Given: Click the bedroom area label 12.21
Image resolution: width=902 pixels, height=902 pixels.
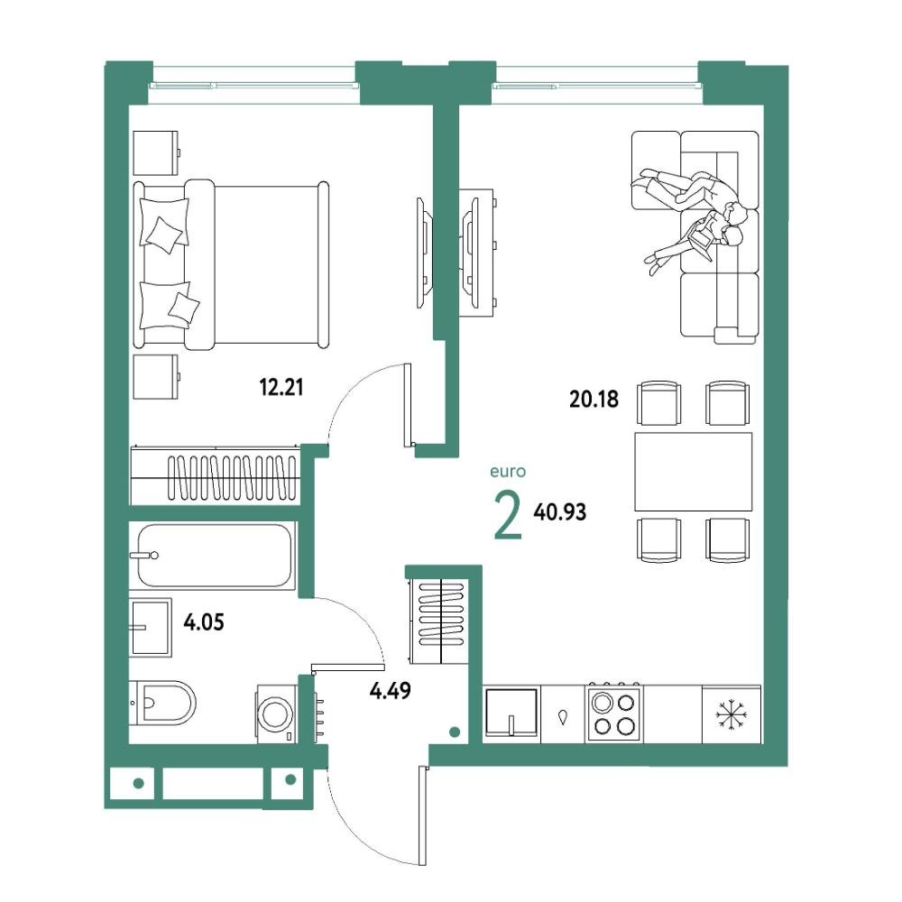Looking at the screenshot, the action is pyautogui.click(x=281, y=387).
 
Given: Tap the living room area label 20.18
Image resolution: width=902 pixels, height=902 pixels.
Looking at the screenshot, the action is pyautogui.click(x=594, y=399).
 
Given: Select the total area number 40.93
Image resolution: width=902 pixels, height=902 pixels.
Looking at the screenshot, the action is pyautogui.click(x=560, y=511).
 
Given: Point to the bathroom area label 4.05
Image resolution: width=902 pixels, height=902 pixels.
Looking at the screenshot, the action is pyautogui.click(x=203, y=621).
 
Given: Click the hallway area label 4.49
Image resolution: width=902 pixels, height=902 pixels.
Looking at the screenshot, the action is pyautogui.click(x=390, y=690).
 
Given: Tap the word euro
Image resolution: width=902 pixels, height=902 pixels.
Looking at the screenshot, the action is pyautogui.click(x=508, y=472).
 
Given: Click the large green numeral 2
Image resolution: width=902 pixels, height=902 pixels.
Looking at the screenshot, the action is pyautogui.click(x=508, y=517).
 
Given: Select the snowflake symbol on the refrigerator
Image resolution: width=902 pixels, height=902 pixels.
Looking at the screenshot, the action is pyautogui.click(x=730, y=713).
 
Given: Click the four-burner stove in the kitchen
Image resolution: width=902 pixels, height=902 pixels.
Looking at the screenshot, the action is pyautogui.click(x=614, y=713).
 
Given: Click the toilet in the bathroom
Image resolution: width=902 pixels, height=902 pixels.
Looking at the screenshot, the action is pyautogui.click(x=162, y=703).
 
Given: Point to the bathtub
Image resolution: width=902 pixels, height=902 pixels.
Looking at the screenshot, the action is pyautogui.click(x=214, y=555).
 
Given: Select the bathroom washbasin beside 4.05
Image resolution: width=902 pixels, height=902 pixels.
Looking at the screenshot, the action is pyautogui.click(x=151, y=627).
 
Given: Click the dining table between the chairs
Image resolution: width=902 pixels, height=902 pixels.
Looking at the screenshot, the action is pyautogui.click(x=693, y=471).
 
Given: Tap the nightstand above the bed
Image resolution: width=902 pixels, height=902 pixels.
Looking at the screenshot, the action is pyautogui.click(x=156, y=152).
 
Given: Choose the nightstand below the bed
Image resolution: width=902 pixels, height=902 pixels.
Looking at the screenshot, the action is pyautogui.click(x=156, y=376).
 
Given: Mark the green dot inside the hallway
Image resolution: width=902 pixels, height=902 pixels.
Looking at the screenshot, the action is pyautogui.click(x=455, y=732).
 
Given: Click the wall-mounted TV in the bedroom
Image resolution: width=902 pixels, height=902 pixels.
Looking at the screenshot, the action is pyautogui.click(x=423, y=253).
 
